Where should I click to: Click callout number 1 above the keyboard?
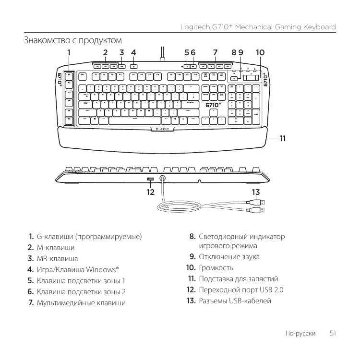click(69, 52)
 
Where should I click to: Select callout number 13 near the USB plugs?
click(256, 192)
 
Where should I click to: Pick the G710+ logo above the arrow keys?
click(214, 106)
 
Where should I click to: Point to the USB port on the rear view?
click(151, 180)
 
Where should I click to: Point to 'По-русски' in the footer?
click(300, 333)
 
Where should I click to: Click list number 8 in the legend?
click(192, 237)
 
